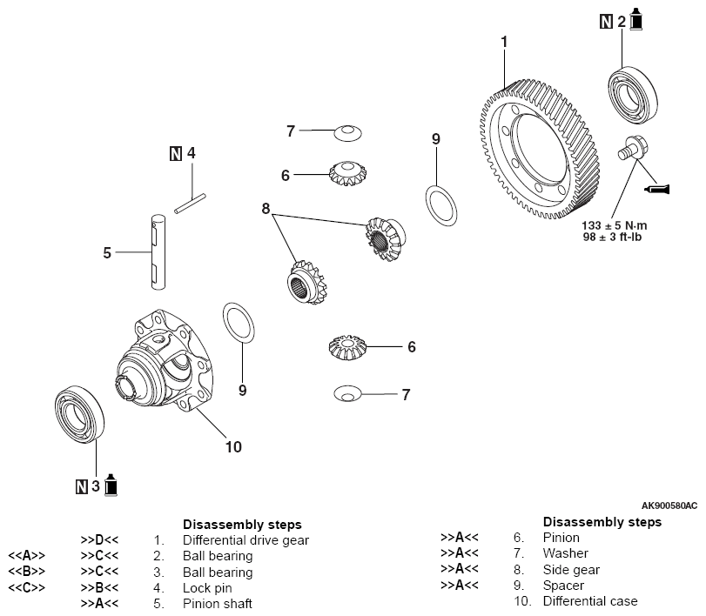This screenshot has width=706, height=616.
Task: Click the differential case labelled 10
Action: (165, 365)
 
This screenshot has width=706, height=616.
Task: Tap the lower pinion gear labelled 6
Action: (351, 348)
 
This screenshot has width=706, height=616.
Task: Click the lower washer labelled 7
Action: (347, 394)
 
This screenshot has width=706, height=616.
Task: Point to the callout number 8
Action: (266, 208)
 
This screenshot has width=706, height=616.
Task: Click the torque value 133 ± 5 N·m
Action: (615, 224)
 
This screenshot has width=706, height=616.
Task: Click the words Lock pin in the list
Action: (205, 587)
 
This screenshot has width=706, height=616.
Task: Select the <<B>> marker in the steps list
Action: (27, 572)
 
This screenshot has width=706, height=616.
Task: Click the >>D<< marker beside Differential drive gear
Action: (99, 539)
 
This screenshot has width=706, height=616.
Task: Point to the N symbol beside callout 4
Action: (175, 154)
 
